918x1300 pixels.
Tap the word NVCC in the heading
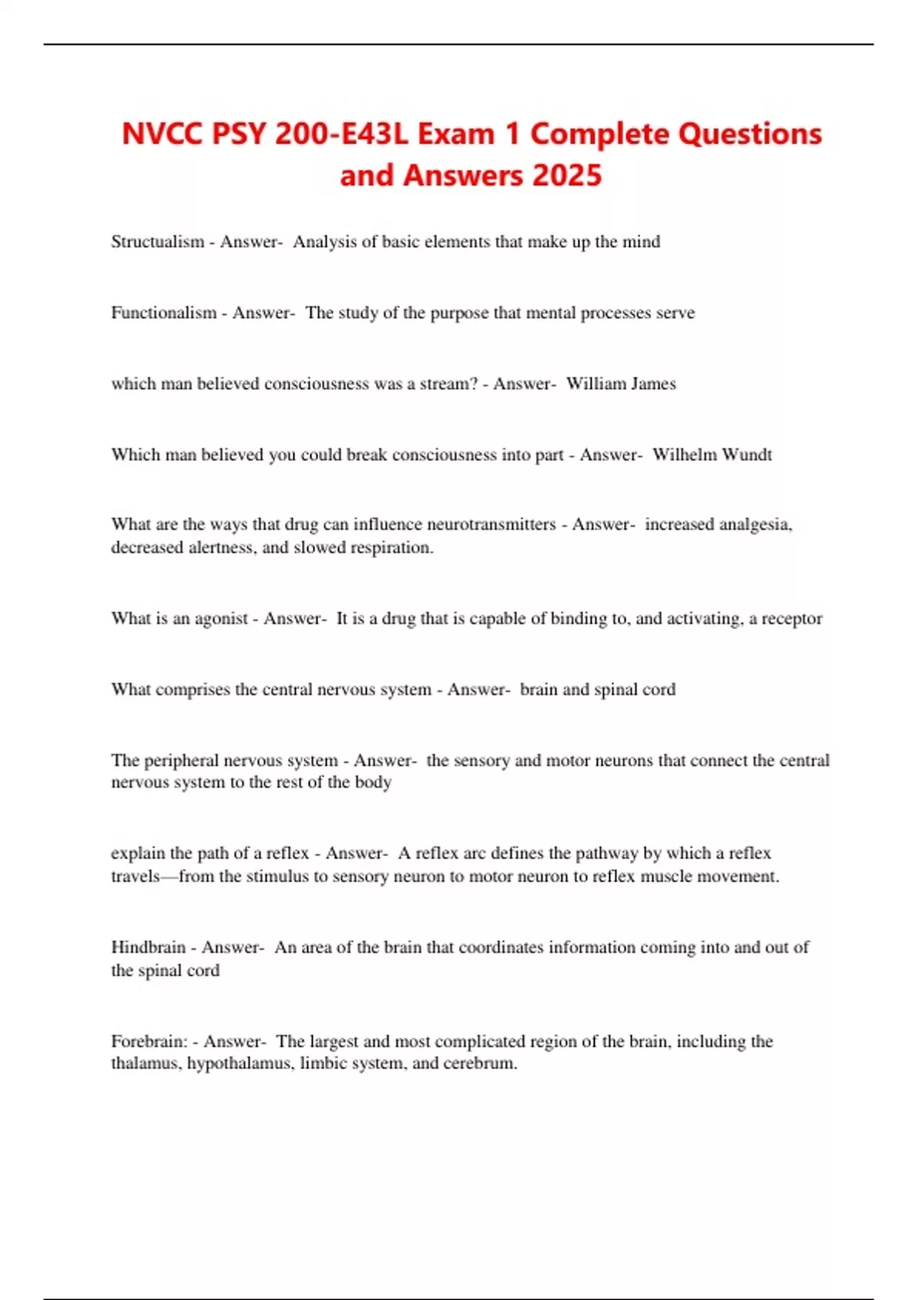click(x=161, y=134)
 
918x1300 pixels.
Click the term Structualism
click(x=157, y=242)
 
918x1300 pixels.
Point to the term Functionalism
click(x=163, y=313)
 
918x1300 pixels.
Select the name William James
click(x=620, y=384)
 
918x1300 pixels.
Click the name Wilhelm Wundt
click(x=711, y=455)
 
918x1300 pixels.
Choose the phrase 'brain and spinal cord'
click(x=597, y=690)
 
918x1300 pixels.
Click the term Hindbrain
click(x=148, y=947)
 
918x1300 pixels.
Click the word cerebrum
click(x=485, y=1064)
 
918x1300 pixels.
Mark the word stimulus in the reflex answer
click(x=282, y=876)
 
